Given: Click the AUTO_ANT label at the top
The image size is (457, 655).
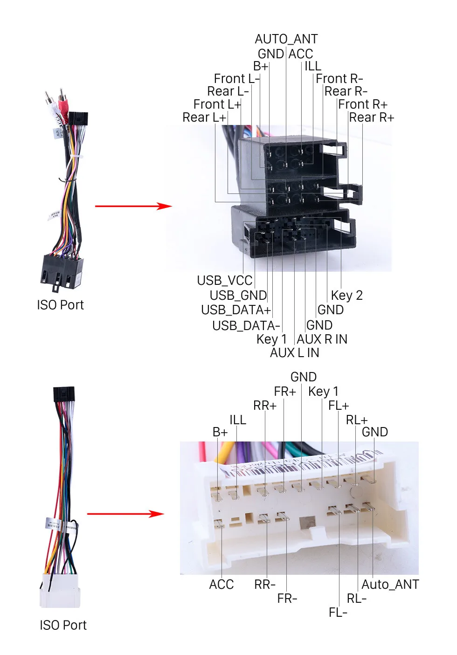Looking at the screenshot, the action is pos(286,39).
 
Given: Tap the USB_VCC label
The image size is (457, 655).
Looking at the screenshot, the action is pos(225,281).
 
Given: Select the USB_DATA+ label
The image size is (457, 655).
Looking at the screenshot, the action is pos(236,310).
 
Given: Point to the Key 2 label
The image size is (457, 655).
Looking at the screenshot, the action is pos(346,296).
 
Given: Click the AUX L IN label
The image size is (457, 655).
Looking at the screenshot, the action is pos(294,353).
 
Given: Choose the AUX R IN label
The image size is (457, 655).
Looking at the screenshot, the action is pos(322,339).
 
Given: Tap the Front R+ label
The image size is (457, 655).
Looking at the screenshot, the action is pos(363,104).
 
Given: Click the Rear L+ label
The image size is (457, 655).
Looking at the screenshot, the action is pos(204,117).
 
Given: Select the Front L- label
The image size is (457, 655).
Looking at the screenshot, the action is pos(237,78).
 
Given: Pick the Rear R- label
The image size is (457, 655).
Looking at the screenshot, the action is pos(346,91).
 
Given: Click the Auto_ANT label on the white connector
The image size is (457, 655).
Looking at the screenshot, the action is pos(390,585).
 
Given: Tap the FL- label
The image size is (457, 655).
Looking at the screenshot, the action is pos(338,612).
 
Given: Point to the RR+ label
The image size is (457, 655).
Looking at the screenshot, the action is pos(265,406).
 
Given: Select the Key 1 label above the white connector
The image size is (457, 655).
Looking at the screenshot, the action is pos(323,391).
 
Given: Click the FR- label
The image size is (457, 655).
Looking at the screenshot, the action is pos(287,599).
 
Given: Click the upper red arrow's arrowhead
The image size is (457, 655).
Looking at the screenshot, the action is pos(165,206).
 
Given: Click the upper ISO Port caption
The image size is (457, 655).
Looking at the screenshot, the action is pos(60,305).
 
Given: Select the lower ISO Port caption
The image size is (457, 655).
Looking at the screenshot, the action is pos(63,626).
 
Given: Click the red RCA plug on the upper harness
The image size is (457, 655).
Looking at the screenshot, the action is pos(62,104).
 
